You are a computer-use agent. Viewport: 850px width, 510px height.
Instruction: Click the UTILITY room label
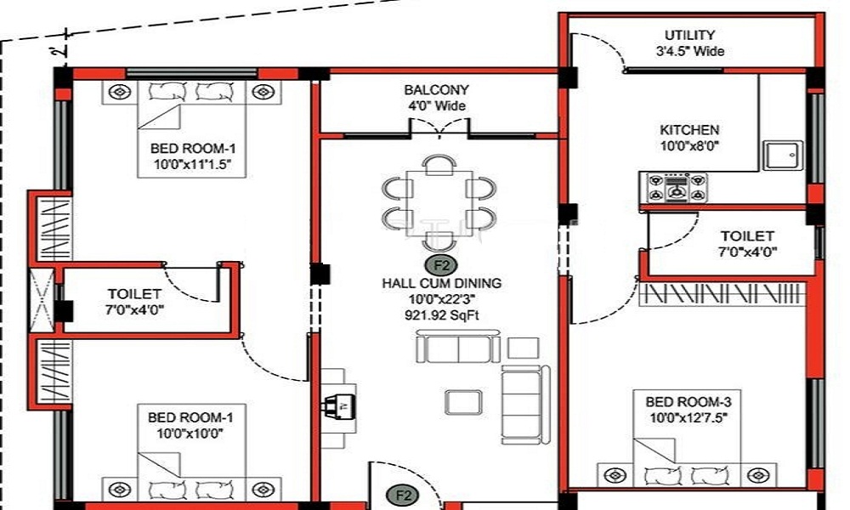[x=689, y=36]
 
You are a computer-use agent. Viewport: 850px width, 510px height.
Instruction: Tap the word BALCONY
[x=436, y=90]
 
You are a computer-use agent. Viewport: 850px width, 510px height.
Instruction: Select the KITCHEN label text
[x=689, y=130]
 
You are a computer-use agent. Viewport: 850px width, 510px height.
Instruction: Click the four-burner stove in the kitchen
[x=677, y=187]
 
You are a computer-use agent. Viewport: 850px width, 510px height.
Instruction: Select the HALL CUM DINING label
[x=441, y=283]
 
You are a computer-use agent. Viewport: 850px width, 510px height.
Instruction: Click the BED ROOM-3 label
[x=688, y=401]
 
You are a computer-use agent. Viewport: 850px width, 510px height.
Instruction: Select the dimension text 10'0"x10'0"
[x=190, y=433]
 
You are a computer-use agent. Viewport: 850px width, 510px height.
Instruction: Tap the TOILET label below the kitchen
[x=747, y=235]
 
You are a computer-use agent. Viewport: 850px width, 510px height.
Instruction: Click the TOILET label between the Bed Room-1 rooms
[x=134, y=293]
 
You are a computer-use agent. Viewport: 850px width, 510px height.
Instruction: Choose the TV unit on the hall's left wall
[x=333, y=407]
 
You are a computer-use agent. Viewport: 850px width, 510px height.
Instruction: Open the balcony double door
[x=439, y=127]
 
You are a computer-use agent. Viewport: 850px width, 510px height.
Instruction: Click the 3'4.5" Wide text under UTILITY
[x=689, y=51]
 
